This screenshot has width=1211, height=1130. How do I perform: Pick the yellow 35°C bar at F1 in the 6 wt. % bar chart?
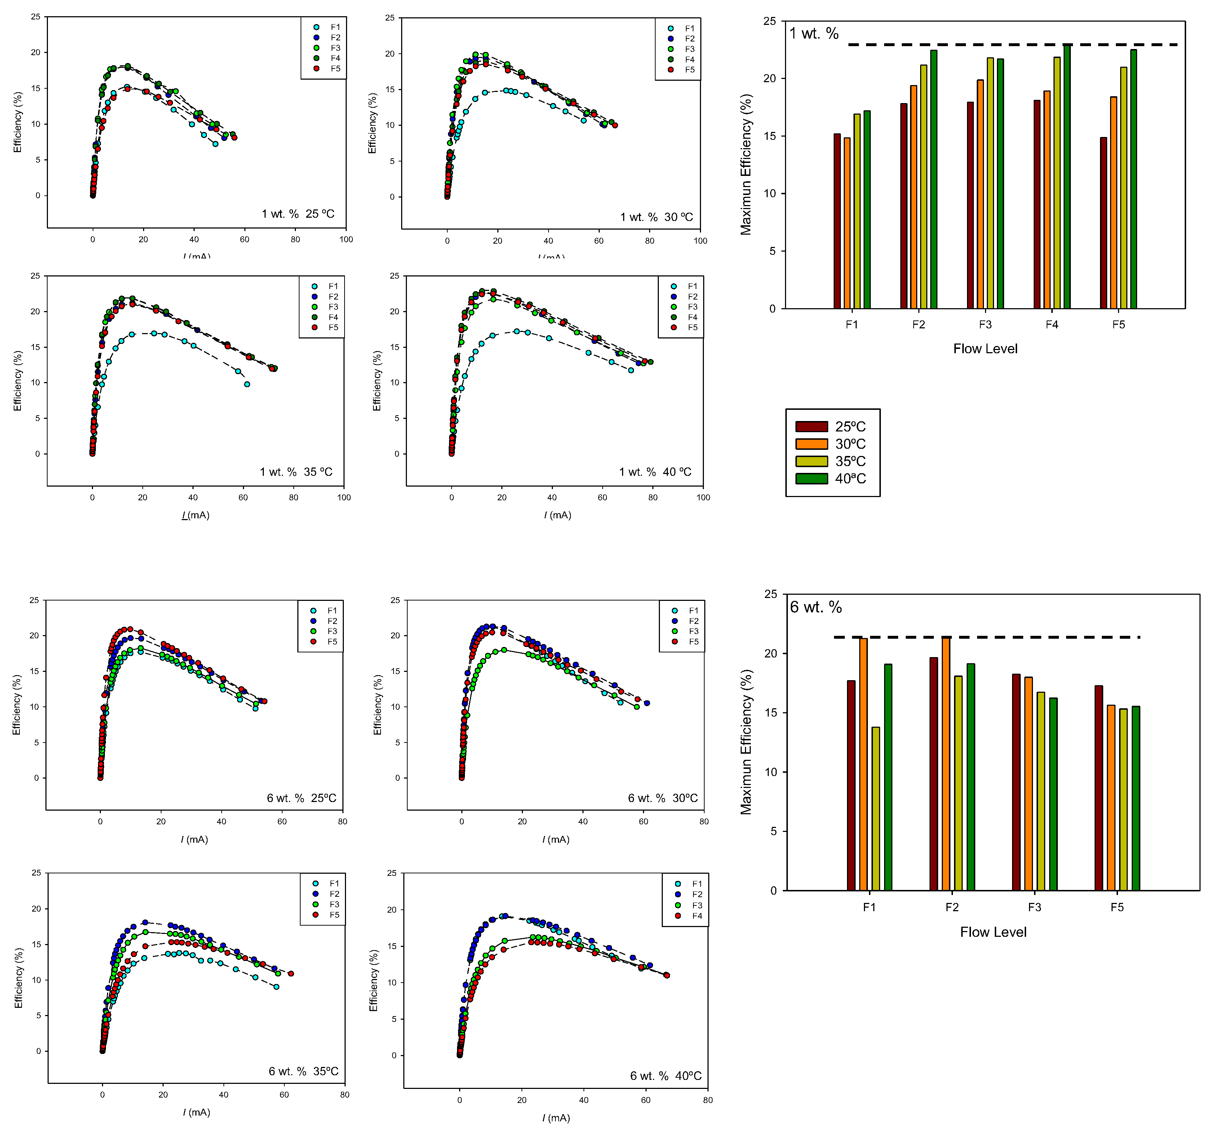[x=875, y=808]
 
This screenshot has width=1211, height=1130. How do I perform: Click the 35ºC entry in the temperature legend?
[x=831, y=461]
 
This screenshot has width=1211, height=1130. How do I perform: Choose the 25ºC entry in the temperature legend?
[x=831, y=426]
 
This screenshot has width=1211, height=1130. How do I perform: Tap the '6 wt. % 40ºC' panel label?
[x=665, y=1076]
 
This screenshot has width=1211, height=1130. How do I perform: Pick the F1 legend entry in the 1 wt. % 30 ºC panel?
[x=682, y=28]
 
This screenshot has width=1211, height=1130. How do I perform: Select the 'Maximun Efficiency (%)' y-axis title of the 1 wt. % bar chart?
[x=746, y=164]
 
